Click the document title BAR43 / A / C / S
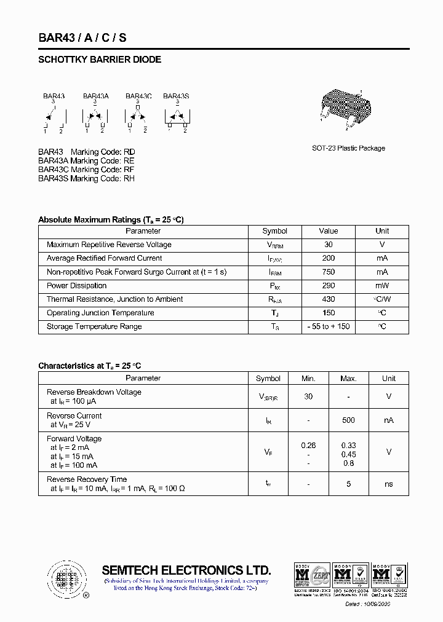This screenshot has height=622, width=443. pos(82,37)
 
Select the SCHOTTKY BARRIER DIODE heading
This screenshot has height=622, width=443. pos(100,60)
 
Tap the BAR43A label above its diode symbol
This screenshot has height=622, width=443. pos(95,96)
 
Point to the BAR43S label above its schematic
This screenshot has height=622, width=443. pos(176,96)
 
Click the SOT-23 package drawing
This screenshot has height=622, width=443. pos(346,108)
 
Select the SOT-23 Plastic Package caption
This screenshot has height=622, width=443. pos(348,148)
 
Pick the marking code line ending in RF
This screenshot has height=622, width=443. pos(86,170)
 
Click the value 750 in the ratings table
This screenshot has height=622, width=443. pos(328,272)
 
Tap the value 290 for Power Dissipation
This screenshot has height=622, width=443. pos(328,286)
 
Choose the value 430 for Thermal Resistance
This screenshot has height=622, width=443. pos(328,299)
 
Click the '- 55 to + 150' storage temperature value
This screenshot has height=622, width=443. pos(328,326)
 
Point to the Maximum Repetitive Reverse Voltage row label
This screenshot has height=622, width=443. pos(109,245)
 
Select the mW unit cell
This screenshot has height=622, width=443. pos(382,286)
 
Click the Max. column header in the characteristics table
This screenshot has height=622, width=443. pos(348,379)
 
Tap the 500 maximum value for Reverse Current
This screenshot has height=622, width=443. pos(348,420)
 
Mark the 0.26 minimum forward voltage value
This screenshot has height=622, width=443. pos(308,445)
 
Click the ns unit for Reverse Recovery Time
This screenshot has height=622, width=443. pos(389,484)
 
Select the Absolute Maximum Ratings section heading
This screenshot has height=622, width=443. pos(111,219)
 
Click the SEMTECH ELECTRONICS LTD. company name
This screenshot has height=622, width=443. pos(186,570)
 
